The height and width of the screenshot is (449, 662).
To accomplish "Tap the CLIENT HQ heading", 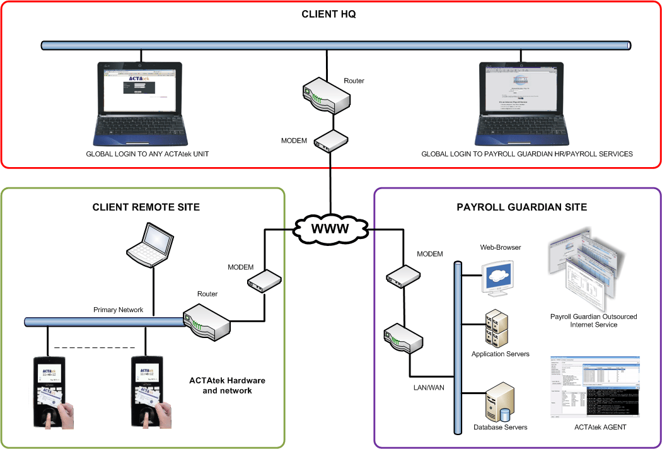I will pos(328,14).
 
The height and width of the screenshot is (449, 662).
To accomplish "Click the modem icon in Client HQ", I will pos(331,141).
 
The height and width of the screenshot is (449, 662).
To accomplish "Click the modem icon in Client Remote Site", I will pos(264,280).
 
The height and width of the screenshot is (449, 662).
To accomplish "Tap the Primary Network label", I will pos(118,310).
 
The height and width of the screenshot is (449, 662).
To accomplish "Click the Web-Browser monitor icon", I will pos(501,278).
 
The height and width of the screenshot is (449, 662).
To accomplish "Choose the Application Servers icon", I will pos(497,329).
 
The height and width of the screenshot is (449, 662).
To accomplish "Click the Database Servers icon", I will pos(499,404).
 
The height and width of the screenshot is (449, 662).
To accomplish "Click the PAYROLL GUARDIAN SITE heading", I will pos(521,207).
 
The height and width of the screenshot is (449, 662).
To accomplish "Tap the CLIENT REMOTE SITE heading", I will pos(146,207).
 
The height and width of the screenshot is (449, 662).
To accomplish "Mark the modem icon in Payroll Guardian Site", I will pos(403,274).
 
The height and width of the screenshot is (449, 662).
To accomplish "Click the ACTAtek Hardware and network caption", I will pos(227,385).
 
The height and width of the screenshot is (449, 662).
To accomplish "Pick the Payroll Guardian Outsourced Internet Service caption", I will pos(593,320).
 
